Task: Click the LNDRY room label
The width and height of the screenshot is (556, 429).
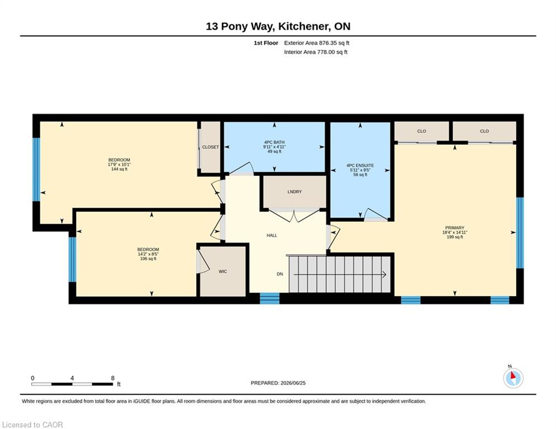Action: [294, 192]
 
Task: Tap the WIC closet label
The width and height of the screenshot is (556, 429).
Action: [223, 271]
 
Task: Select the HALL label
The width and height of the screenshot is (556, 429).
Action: [272, 235]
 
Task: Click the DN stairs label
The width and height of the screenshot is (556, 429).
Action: [280, 274]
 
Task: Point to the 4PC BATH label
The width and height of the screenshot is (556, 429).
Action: [274, 142]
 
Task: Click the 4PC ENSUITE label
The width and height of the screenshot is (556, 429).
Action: [360, 165]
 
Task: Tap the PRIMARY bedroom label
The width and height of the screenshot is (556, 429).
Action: [455, 228]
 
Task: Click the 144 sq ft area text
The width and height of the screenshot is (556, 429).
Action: [119, 169]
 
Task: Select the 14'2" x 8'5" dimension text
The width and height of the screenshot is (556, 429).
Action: [148, 254]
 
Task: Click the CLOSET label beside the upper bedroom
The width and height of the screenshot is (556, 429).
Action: [210, 147]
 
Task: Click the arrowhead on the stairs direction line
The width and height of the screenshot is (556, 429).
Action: [384, 274]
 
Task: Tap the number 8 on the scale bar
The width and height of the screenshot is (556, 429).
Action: [113, 378]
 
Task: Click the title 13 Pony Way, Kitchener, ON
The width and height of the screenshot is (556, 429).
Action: [278, 26]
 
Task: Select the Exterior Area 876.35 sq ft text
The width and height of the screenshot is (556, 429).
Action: [317, 43]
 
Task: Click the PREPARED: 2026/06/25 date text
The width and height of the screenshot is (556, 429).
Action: [278, 383]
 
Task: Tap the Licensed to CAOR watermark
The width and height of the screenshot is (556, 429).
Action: [32, 425]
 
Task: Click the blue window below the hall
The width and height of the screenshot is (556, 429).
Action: [269, 298]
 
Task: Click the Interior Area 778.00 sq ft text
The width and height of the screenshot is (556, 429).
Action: [316, 52]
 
